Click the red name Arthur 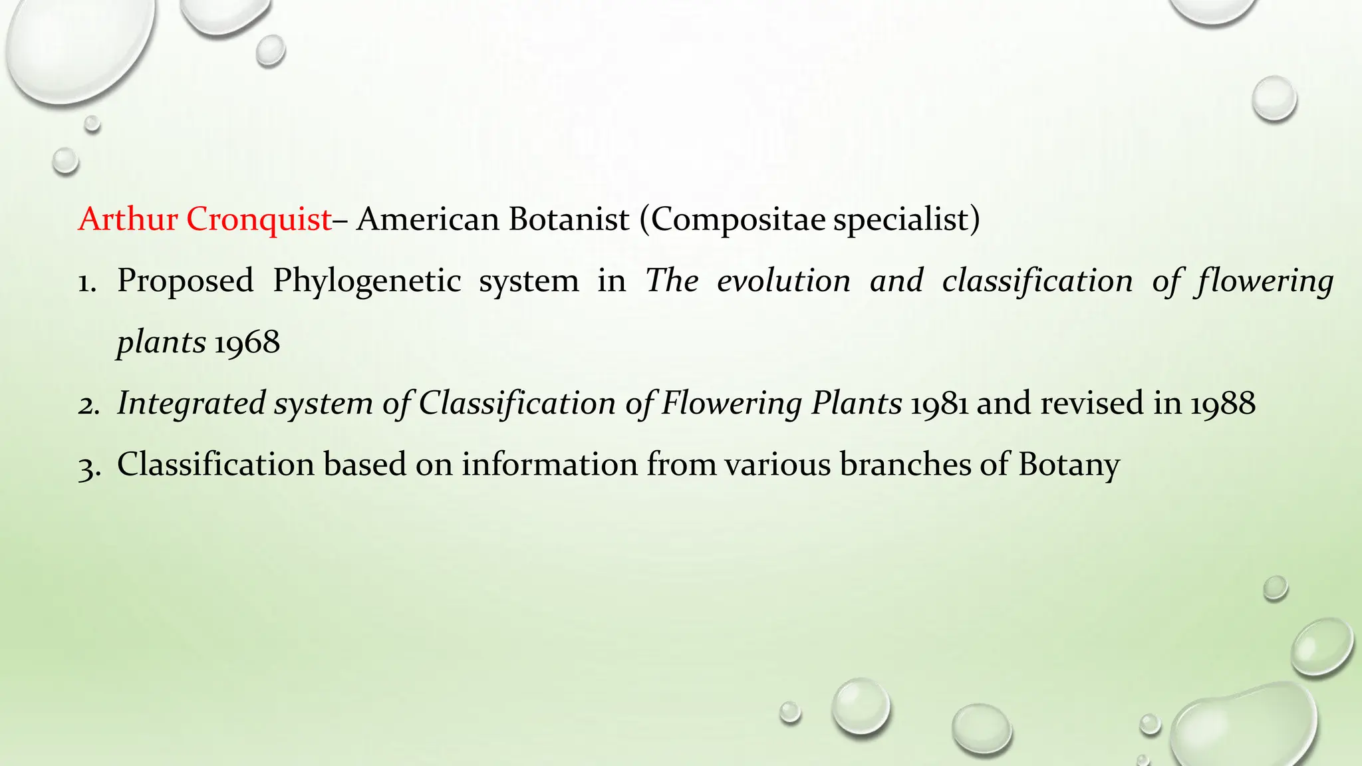click(x=128, y=219)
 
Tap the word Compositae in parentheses click(x=740, y=219)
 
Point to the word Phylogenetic click(x=366, y=281)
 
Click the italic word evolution click(x=783, y=281)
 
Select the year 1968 click(x=247, y=342)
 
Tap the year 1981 click(x=938, y=404)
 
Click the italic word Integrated click(x=192, y=404)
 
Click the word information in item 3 click(x=550, y=464)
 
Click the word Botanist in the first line click(x=569, y=219)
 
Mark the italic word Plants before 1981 click(x=857, y=404)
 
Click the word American click(x=427, y=219)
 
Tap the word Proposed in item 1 click(x=186, y=281)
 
